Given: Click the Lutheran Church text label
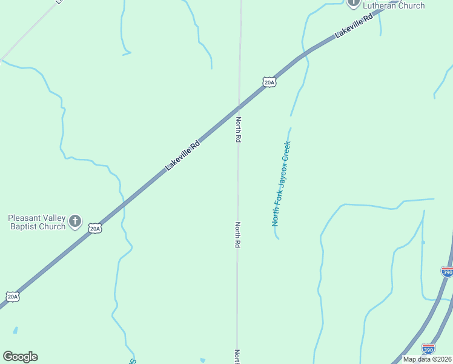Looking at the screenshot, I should click(x=394, y=6).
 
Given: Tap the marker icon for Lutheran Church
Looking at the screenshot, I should click(x=354, y=2).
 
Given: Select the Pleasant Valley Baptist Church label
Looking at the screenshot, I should click(x=36, y=222).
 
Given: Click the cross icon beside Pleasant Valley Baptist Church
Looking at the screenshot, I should click(x=75, y=221).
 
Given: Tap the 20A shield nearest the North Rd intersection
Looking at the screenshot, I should click(x=269, y=82).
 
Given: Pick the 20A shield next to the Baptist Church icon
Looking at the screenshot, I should click(x=94, y=228).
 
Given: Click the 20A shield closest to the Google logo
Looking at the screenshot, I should click(x=13, y=297).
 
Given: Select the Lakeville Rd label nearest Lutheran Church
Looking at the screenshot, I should click(x=354, y=28).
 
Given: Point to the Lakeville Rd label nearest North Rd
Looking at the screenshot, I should click(x=183, y=156).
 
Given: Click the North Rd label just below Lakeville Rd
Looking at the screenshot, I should click(x=239, y=129).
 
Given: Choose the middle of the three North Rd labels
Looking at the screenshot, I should click(x=238, y=235).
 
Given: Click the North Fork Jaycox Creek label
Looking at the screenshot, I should click(x=282, y=184).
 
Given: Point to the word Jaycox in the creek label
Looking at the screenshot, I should click(x=283, y=168).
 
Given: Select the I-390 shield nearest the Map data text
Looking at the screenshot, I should click(x=428, y=349).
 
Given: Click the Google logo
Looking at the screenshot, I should click(x=20, y=357).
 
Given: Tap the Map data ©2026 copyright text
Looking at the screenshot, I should click(x=428, y=359).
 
